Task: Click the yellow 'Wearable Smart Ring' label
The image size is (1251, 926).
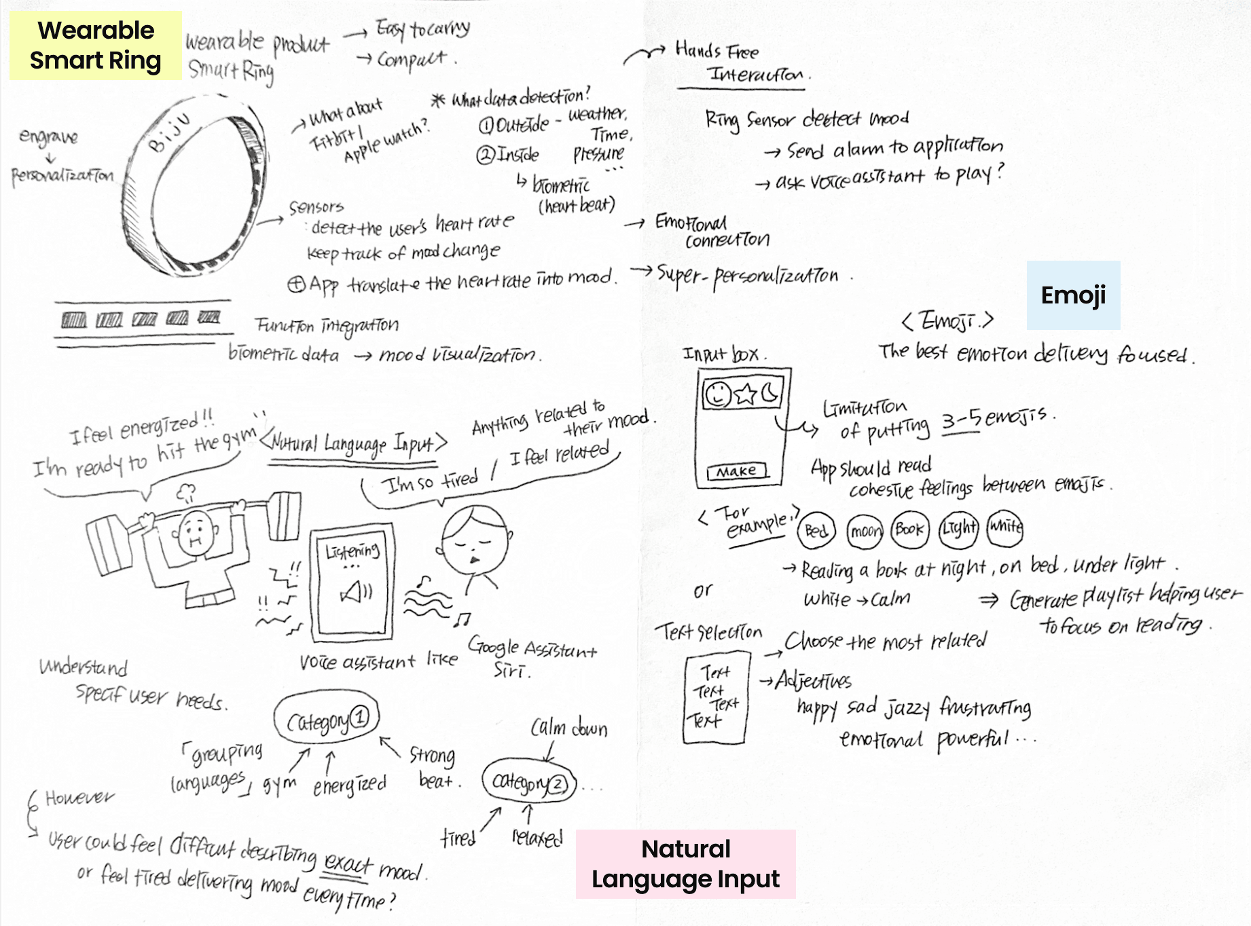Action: click(95, 45)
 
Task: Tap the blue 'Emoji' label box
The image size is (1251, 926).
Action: click(1073, 295)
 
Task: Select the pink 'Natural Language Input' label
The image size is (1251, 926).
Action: click(685, 864)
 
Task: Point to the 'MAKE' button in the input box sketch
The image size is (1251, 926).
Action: click(737, 471)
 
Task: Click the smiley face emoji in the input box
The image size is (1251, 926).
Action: click(717, 394)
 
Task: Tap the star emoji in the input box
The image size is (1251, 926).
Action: click(746, 394)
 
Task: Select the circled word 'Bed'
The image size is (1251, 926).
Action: click(816, 530)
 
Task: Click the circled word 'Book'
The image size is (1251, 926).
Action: click(909, 530)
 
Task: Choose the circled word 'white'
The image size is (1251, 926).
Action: click(1005, 527)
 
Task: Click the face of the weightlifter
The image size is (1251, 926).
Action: click(196, 532)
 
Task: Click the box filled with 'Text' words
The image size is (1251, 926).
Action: click(716, 697)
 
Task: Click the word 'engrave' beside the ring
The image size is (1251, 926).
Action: click(48, 136)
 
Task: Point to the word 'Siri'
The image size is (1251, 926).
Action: click(511, 671)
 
